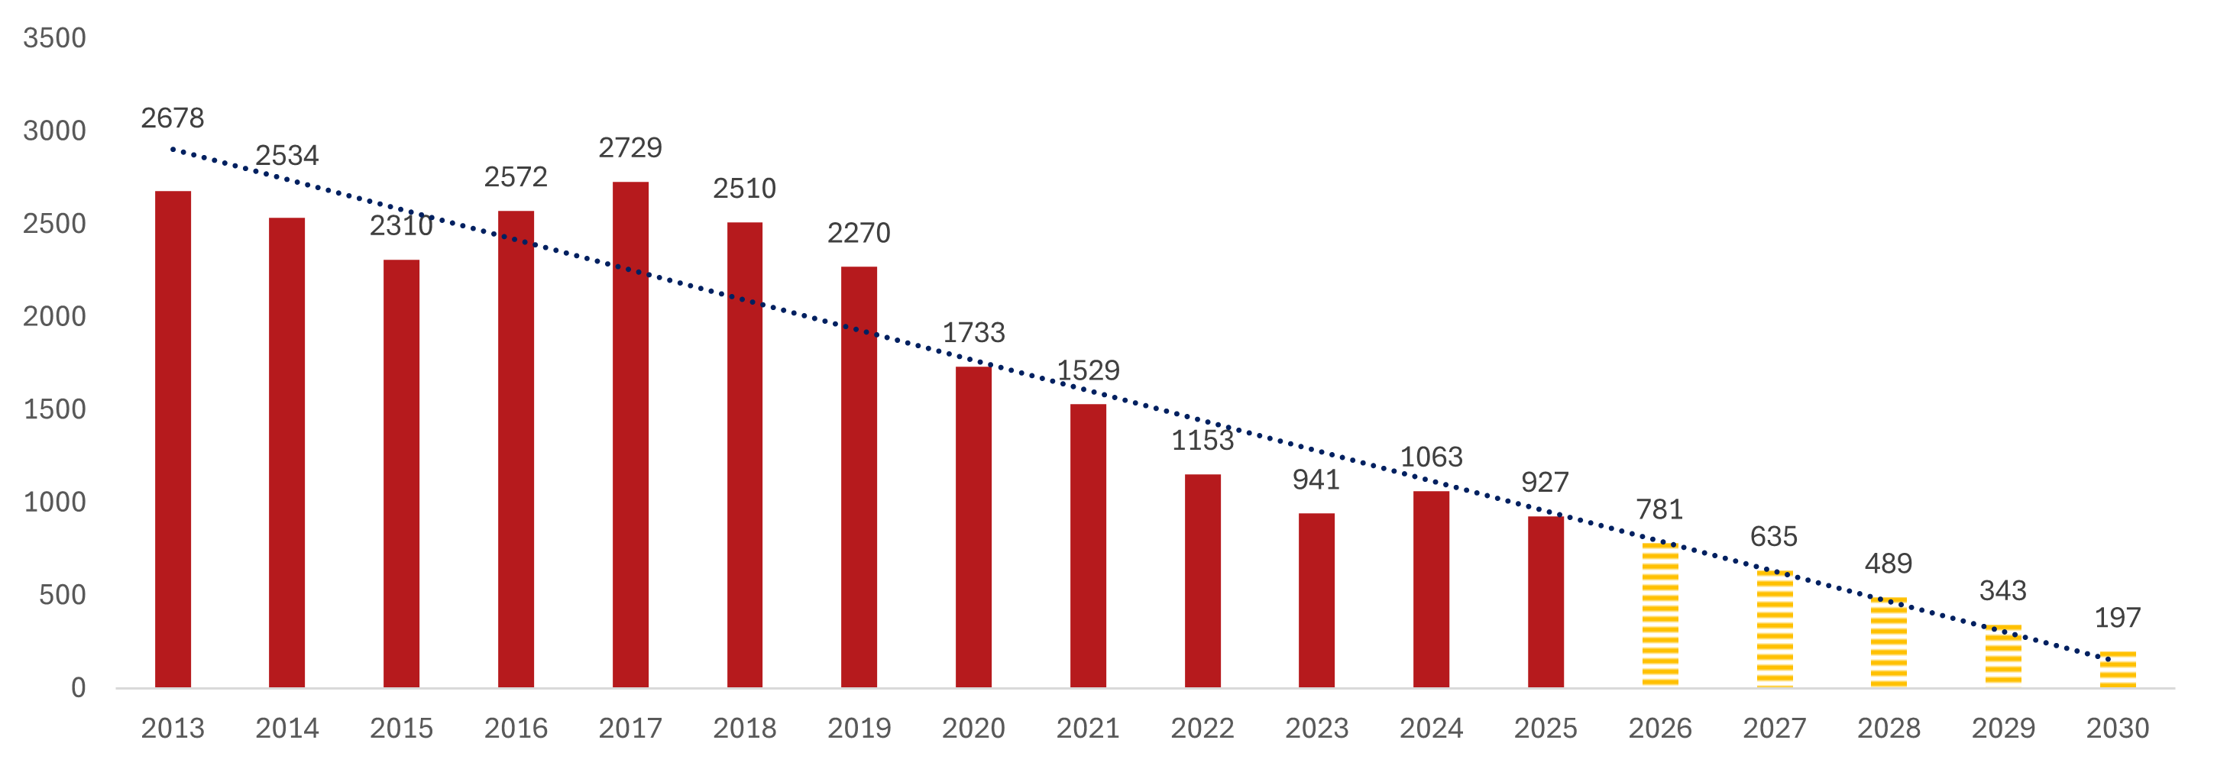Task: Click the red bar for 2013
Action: tap(173, 438)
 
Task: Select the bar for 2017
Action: tap(630, 434)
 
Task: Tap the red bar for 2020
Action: tap(973, 526)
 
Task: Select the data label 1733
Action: tap(973, 332)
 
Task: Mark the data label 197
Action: tap(2117, 618)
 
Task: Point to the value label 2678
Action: tap(173, 118)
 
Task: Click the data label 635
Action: tap(1774, 537)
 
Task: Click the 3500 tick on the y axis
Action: tap(54, 38)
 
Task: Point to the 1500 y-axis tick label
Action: tap(54, 409)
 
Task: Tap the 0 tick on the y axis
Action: tap(78, 687)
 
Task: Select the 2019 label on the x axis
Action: tap(859, 729)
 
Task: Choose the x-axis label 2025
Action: tap(1546, 729)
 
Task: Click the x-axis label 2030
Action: tap(2117, 729)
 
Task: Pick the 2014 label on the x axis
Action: tap(287, 729)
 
